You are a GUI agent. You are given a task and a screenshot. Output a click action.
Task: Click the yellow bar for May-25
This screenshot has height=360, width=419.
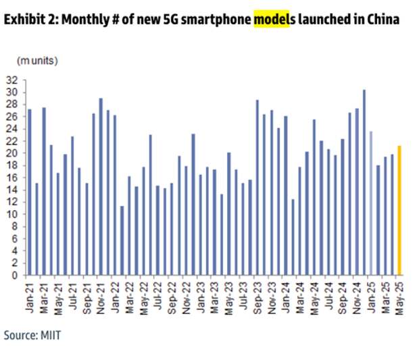(x=399, y=210)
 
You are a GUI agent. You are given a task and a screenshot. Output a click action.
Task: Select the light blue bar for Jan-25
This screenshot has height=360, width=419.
(x=370, y=203)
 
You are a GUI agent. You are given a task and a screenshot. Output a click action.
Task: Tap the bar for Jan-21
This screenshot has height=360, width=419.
(x=29, y=192)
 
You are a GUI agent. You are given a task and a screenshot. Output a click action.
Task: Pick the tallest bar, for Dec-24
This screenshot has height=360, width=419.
(x=363, y=182)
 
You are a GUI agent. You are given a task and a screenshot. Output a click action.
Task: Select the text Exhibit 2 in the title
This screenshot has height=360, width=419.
(x=29, y=20)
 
